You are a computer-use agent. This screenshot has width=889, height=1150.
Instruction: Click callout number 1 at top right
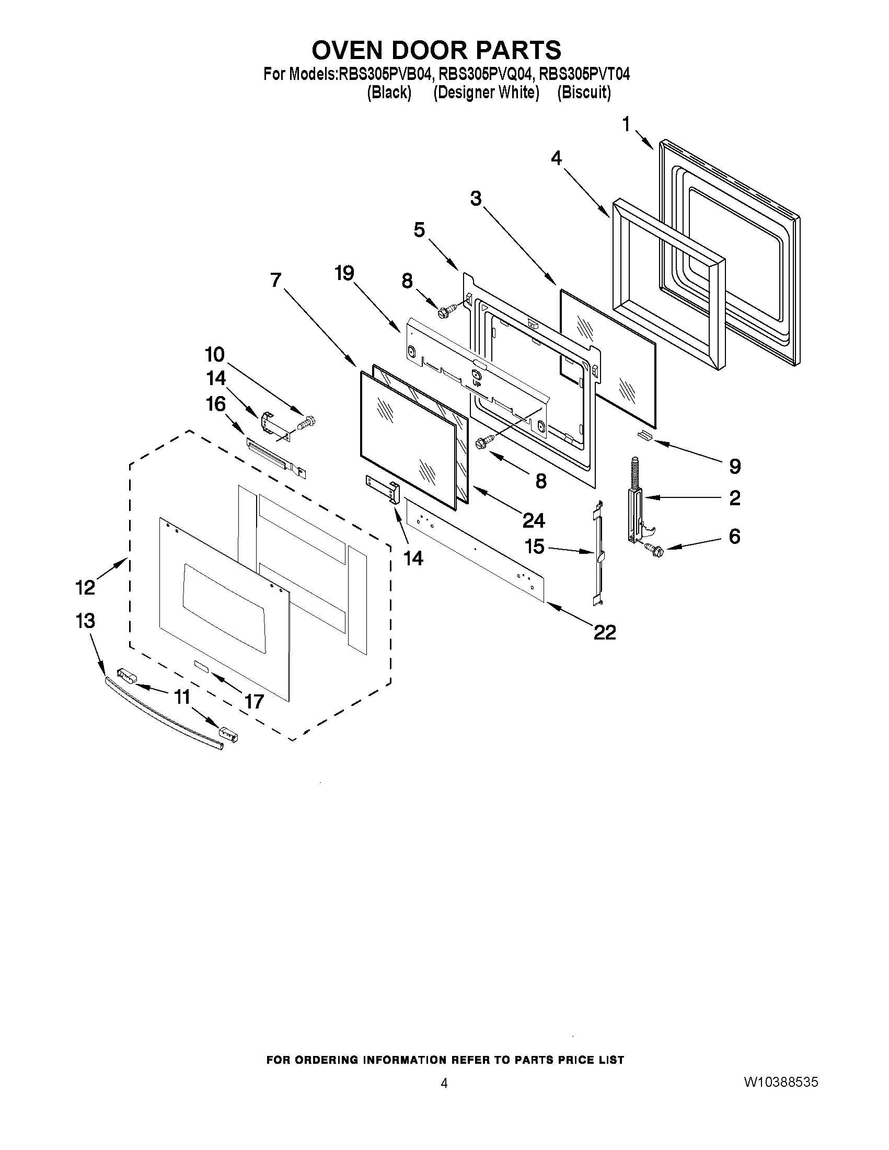(626, 125)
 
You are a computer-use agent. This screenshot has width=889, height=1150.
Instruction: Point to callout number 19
(344, 273)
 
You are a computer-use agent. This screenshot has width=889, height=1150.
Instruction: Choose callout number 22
(605, 632)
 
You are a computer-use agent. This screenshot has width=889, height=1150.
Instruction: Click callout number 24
(534, 520)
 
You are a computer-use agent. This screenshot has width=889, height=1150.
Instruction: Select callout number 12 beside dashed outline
(85, 587)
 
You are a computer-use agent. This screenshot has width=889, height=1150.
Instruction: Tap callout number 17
(254, 701)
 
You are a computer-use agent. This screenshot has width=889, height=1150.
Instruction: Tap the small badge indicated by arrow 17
(201, 666)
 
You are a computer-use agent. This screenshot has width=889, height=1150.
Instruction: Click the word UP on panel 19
(477, 384)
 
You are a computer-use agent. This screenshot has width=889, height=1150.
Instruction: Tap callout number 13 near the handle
(85, 621)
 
